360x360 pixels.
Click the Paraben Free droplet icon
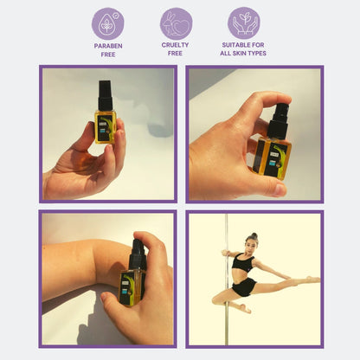click(x=107, y=23)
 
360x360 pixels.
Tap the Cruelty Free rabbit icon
click(x=176, y=23)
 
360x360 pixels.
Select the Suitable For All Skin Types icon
click(x=243, y=23)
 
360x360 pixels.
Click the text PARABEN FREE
click(x=107, y=49)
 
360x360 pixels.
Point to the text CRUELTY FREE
click(x=176, y=49)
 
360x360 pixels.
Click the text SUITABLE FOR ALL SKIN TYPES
click(x=243, y=49)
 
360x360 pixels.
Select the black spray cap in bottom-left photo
click(x=138, y=254)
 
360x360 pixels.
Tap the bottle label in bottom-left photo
click(x=131, y=286)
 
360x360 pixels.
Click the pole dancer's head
click(x=252, y=240)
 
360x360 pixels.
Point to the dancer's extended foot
click(x=312, y=280)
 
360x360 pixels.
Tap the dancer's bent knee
click(x=216, y=299)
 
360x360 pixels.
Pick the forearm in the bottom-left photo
click(x=82, y=260)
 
